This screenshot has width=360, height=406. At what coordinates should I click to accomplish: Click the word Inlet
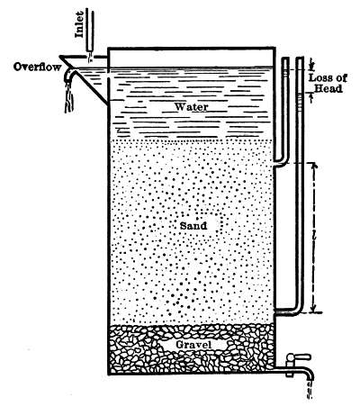click(79, 24)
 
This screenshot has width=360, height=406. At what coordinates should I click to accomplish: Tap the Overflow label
click(37, 67)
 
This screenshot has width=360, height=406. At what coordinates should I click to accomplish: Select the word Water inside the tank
click(191, 106)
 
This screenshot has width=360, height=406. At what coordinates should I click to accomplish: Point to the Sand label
click(193, 226)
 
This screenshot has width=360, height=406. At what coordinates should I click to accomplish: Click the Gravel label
click(193, 345)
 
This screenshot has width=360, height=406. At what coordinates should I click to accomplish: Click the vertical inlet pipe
click(90, 30)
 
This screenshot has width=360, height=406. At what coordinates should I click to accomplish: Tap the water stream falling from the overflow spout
click(69, 97)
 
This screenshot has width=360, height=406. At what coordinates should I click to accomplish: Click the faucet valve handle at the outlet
click(299, 357)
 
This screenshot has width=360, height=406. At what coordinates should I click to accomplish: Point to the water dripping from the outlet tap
click(310, 389)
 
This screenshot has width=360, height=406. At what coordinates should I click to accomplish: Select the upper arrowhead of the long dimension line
click(313, 167)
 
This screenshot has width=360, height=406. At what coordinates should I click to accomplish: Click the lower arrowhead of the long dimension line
click(313, 309)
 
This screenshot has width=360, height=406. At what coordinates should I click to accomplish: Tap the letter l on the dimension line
click(313, 237)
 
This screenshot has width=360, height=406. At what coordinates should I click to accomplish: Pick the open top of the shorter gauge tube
click(285, 59)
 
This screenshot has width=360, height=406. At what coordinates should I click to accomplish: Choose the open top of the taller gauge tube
click(300, 59)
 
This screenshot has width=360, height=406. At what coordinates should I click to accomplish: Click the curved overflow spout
click(69, 75)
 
